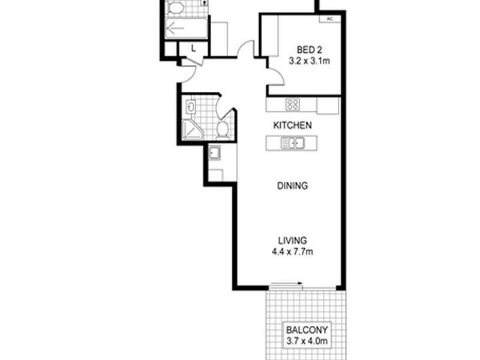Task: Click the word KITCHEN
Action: (x=292, y=125)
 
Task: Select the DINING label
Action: (x=292, y=185)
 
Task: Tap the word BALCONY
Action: (x=307, y=329)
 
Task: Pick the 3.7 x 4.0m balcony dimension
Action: (x=307, y=341)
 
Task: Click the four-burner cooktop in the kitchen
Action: (x=293, y=104)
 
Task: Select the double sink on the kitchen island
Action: (x=293, y=143)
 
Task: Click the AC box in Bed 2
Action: (x=329, y=19)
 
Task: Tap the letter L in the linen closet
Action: (x=193, y=47)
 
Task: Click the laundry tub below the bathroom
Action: (x=215, y=154)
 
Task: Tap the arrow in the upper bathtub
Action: (x=176, y=28)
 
